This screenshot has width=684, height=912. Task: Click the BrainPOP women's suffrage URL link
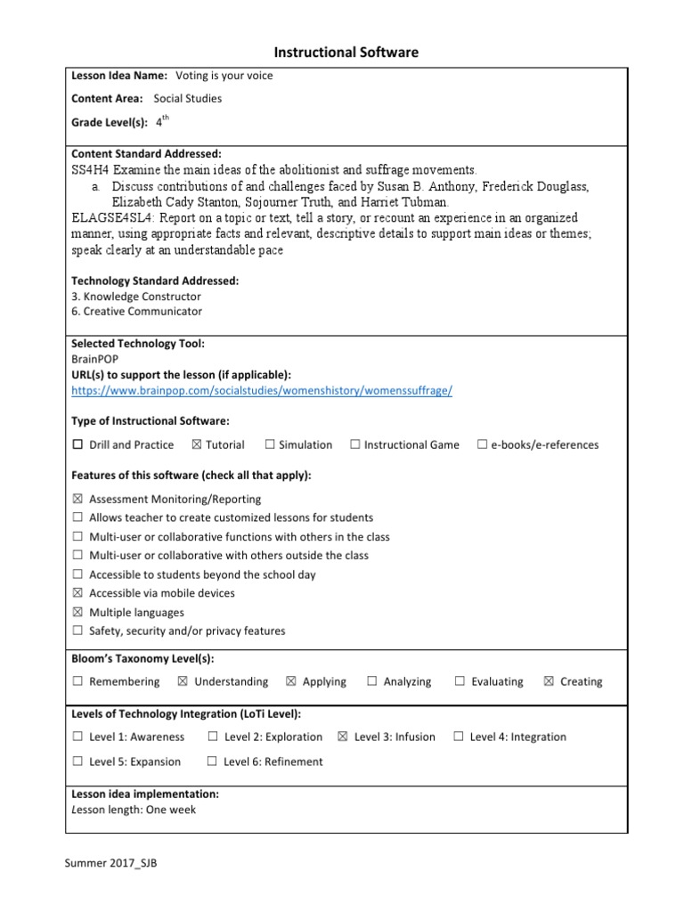pyautogui.click(x=262, y=391)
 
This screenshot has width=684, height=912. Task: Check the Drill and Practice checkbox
pyautogui.click(x=77, y=444)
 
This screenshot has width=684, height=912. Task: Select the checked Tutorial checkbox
pyautogui.click(x=196, y=444)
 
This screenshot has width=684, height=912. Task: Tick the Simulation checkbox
pyautogui.click(x=269, y=444)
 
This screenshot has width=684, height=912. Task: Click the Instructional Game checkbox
pyautogui.click(x=354, y=444)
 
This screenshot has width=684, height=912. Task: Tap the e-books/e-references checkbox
pyautogui.click(x=482, y=444)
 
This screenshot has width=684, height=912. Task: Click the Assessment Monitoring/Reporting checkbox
pyautogui.click(x=77, y=500)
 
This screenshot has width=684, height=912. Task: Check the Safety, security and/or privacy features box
pyautogui.click(x=77, y=631)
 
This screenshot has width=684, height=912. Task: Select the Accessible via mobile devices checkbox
pyautogui.click(x=77, y=593)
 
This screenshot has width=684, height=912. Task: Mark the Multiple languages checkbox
pyautogui.click(x=77, y=613)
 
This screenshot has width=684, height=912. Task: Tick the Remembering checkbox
pyautogui.click(x=77, y=681)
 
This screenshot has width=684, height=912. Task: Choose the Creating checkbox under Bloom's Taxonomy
pyautogui.click(x=549, y=681)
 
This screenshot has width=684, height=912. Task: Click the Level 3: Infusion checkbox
pyautogui.click(x=343, y=737)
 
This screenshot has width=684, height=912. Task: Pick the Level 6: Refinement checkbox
pyautogui.click(x=212, y=761)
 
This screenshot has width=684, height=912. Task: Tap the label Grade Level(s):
pyautogui.click(x=110, y=123)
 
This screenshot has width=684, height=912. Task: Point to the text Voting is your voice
pyautogui.click(x=224, y=76)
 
